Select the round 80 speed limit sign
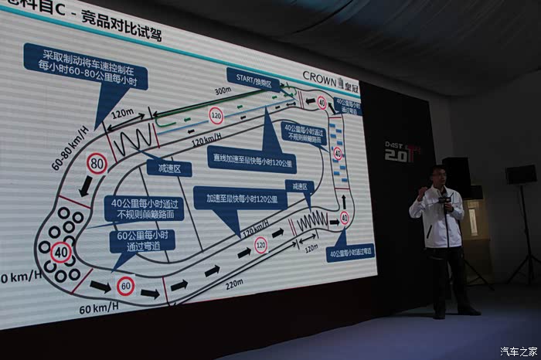point(97,162)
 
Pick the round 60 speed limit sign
point(125,286)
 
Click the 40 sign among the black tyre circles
point(61,252)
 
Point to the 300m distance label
point(223,90)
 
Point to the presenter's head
point(438,175)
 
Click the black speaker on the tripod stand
point(520,175)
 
